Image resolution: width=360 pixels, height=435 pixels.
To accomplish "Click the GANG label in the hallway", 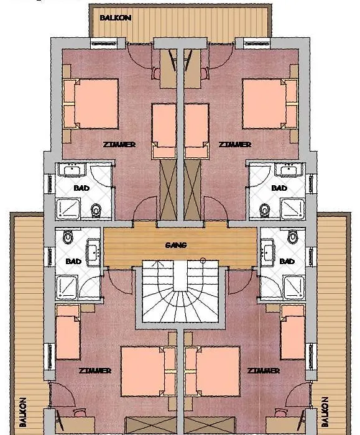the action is pyautogui.click(x=176, y=245).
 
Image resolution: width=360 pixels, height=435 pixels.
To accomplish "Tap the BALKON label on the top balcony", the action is pyautogui.click(x=115, y=18).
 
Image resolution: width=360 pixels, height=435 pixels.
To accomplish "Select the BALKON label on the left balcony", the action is pyautogui.click(x=23, y=412).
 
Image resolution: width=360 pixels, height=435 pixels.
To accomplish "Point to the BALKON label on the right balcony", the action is pyautogui.click(x=325, y=412).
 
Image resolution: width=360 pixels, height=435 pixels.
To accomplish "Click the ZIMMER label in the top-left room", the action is pyautogui.click(x=119, y=145).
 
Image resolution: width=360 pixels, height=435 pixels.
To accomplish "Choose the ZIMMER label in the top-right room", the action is pyautogui.click(x=235, y=145).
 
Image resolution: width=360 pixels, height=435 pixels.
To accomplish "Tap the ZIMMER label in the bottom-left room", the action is pyautogui.click(x=95, y=370).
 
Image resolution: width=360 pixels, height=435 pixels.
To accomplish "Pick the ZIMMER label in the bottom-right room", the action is pyautogui.click(x=264, y=370).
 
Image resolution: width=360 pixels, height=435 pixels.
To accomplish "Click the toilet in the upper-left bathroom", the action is pyautogui.click(x=96, y=210).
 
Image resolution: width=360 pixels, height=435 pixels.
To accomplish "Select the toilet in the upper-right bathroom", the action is pyautogui.click(x=264, y=210).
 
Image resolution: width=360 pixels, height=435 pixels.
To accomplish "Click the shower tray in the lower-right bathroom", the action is pyautogui.click(x=294, y=287).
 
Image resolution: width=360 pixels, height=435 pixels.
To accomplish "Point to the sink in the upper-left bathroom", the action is pyautogui.click(x=73, y=170).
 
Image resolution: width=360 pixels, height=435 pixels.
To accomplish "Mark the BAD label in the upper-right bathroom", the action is pyautogui.click(x=279, y=188).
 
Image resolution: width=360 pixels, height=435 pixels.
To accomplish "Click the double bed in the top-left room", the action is pyautogui.click(x=91, y=104).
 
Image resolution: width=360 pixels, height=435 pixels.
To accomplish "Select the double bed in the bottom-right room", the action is pyautogui.click(x=213, y=371).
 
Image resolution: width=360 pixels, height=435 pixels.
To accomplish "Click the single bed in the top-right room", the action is pyautogui.click(x=196, y=131).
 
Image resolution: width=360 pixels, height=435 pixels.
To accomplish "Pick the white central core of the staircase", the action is pyautogui.click(x=180, y=276).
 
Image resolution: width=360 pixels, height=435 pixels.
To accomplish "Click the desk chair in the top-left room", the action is pyautogui.click(x=155, y=73).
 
